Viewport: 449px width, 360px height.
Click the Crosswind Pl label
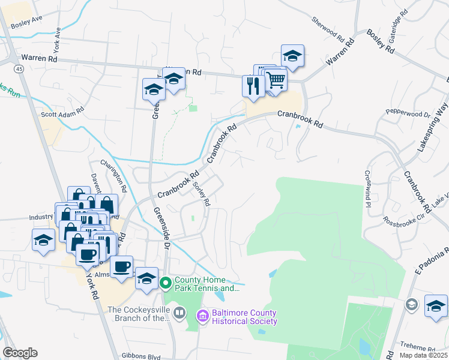pyautogui.click(x=367, y=188)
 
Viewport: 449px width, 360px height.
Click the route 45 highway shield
pyautogui.click(x=20, y=70)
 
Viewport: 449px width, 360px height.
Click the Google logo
pyautogui.click(x=20, y=353)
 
